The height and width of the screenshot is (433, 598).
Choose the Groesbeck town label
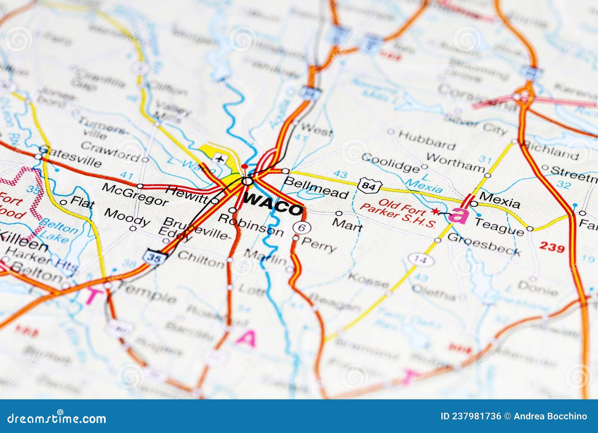pyautogui.click(x=484, y=244)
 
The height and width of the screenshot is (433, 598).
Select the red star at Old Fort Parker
pyautogui.click(x=434, y=211)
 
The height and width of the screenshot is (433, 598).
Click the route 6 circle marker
pyautogui.click(x=299, y=227)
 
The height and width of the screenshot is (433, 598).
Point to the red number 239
pyautogui.click(x=552, y=247)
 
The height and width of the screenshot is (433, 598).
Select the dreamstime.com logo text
pyautogui.click(x=57, y=418)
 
